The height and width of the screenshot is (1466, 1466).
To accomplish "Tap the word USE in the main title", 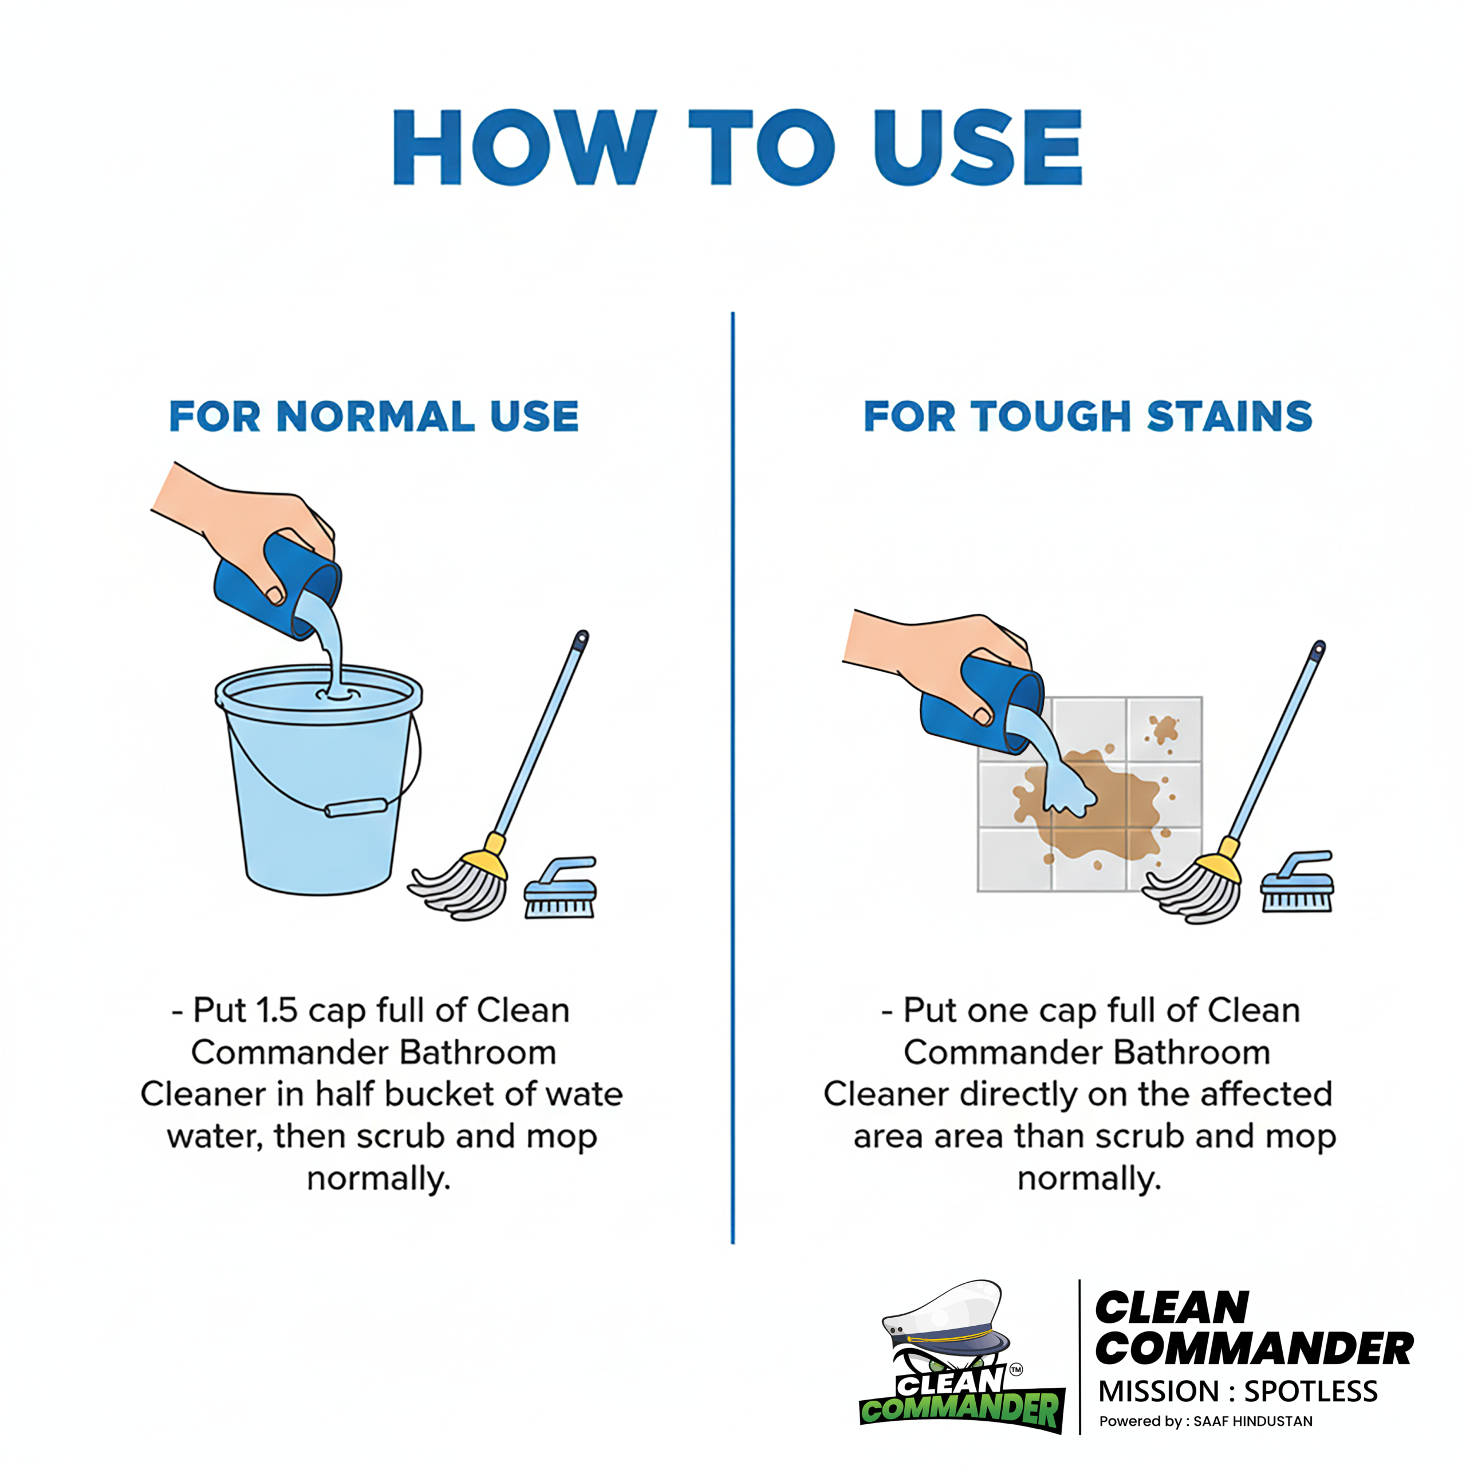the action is (978, 147).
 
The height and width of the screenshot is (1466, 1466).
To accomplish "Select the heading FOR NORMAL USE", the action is (374, 416).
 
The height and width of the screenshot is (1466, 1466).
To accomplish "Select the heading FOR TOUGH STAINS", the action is (1088, 416).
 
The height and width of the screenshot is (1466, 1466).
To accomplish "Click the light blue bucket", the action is (319, 789).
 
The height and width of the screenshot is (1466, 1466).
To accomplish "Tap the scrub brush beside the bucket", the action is (561, 889).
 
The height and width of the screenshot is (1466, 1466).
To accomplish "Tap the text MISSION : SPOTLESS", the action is (1238, 1391).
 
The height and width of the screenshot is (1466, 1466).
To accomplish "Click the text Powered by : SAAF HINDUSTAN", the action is (1206, 1421).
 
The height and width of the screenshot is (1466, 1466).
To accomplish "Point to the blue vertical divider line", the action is (733, 778).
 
